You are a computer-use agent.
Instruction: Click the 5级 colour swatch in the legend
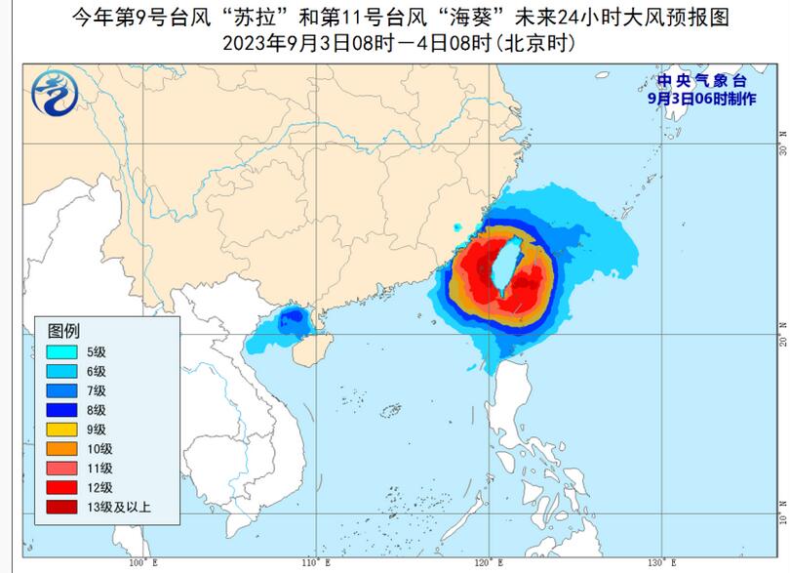[x=63, y=351]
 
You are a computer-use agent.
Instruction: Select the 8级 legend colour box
[x=63, y=410]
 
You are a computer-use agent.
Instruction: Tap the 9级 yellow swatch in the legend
[x=63, y=430]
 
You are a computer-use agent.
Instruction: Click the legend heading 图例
[x=63, y=329]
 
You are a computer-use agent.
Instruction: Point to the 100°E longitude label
[x=142, y=564]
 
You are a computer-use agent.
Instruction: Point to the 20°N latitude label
[x=781, y=334]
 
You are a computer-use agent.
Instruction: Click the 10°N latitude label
[x=781, y=514]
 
